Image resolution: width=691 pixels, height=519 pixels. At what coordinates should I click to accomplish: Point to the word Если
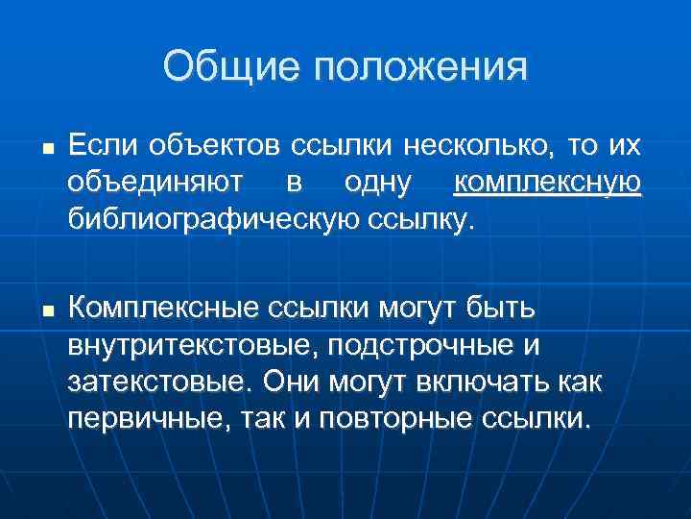tap(103, 146)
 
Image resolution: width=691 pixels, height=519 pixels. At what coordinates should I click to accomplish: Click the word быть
tap(503, 309)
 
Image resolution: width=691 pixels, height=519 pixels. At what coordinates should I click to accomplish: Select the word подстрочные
tap(417, 346)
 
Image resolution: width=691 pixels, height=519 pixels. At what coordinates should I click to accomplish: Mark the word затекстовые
tap(154, 383)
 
